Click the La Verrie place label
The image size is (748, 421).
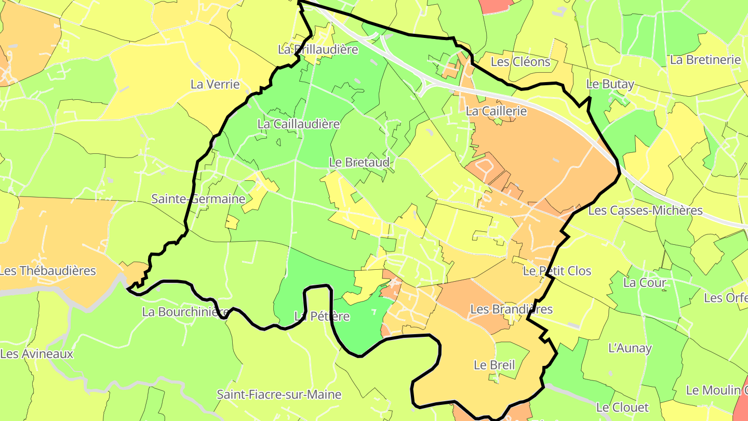pyautogui.click(x=215, y=84)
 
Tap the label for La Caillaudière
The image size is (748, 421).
pyautogui.click(x=299, y=124)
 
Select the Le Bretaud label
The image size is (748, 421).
pyautogui.click(x=359, y=163)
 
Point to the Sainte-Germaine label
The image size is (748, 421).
pyautogui.click(x=198, y=199)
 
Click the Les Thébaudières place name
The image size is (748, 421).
pyautogui.click(x=48, y=271)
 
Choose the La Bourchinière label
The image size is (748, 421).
pyautogui.click(x=185, y=312)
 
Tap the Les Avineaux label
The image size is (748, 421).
pyautogui.click(x=37, y=354)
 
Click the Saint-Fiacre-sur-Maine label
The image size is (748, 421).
pyautogui.click(x=279, y=394)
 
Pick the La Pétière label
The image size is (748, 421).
pyautogui.click(x=322, y=317)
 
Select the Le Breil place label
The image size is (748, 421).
pyautogui.click(x=493, y=365)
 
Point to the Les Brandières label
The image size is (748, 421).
pyautogui.click(x=511, y=309)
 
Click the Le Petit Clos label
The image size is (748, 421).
pyautogui.click(x=557, y=271)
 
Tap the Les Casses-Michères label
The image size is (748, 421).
pyautogui.click(x=645, y=210)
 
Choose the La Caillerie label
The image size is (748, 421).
pyautogui.click(x=496, y=111)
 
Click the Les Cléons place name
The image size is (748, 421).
pyautogui.click(x=520, y=62)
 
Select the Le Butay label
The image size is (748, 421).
pyautogui.click(x=610, y=84)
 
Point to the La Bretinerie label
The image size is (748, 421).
pyautogui.click(x=705, y=60)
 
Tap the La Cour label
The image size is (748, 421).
pyautogui.click(x=645, y=283)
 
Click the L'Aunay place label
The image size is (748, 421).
pyautogui.click(x=630, y=348)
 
